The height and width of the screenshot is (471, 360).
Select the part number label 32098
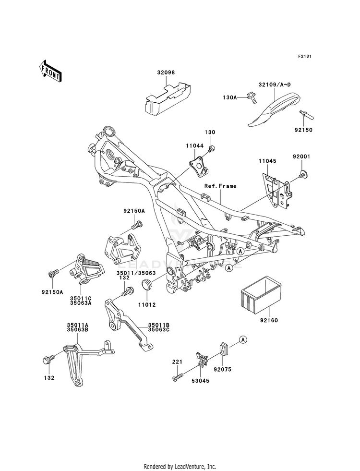click(166, 72)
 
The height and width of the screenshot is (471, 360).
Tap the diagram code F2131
click(304, 56)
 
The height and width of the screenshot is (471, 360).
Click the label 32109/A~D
click(275, 85)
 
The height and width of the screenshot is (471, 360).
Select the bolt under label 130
click(212, 148)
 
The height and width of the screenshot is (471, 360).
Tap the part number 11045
click(267, 161)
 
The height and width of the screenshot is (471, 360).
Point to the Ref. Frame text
click(220, 186)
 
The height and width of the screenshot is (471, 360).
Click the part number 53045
click(200, 381)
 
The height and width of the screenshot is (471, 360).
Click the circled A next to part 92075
click(243, 340)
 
